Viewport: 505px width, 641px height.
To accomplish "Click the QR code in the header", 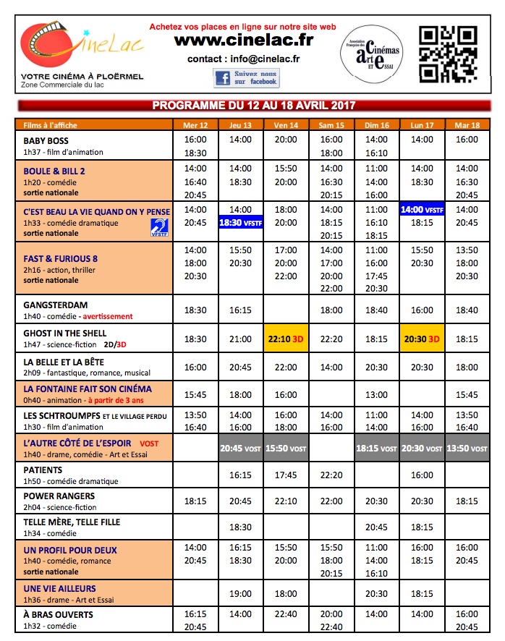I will point(448,54).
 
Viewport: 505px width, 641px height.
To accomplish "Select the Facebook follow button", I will point(246,78).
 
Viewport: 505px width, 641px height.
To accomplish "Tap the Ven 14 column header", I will point(286,125).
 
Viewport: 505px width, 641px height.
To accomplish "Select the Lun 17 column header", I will point(421,125).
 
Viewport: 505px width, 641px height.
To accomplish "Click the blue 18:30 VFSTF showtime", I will point(241,223).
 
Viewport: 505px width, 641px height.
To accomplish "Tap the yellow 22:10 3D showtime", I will point(286,339).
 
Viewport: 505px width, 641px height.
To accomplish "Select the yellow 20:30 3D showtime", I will point(421,339).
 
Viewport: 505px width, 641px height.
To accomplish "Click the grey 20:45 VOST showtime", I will point(241,449).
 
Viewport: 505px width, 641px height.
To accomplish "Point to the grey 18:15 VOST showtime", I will point(376,449).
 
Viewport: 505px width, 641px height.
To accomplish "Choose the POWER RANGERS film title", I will point(59,496).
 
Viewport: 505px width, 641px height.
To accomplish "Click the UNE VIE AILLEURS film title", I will point(59,589).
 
